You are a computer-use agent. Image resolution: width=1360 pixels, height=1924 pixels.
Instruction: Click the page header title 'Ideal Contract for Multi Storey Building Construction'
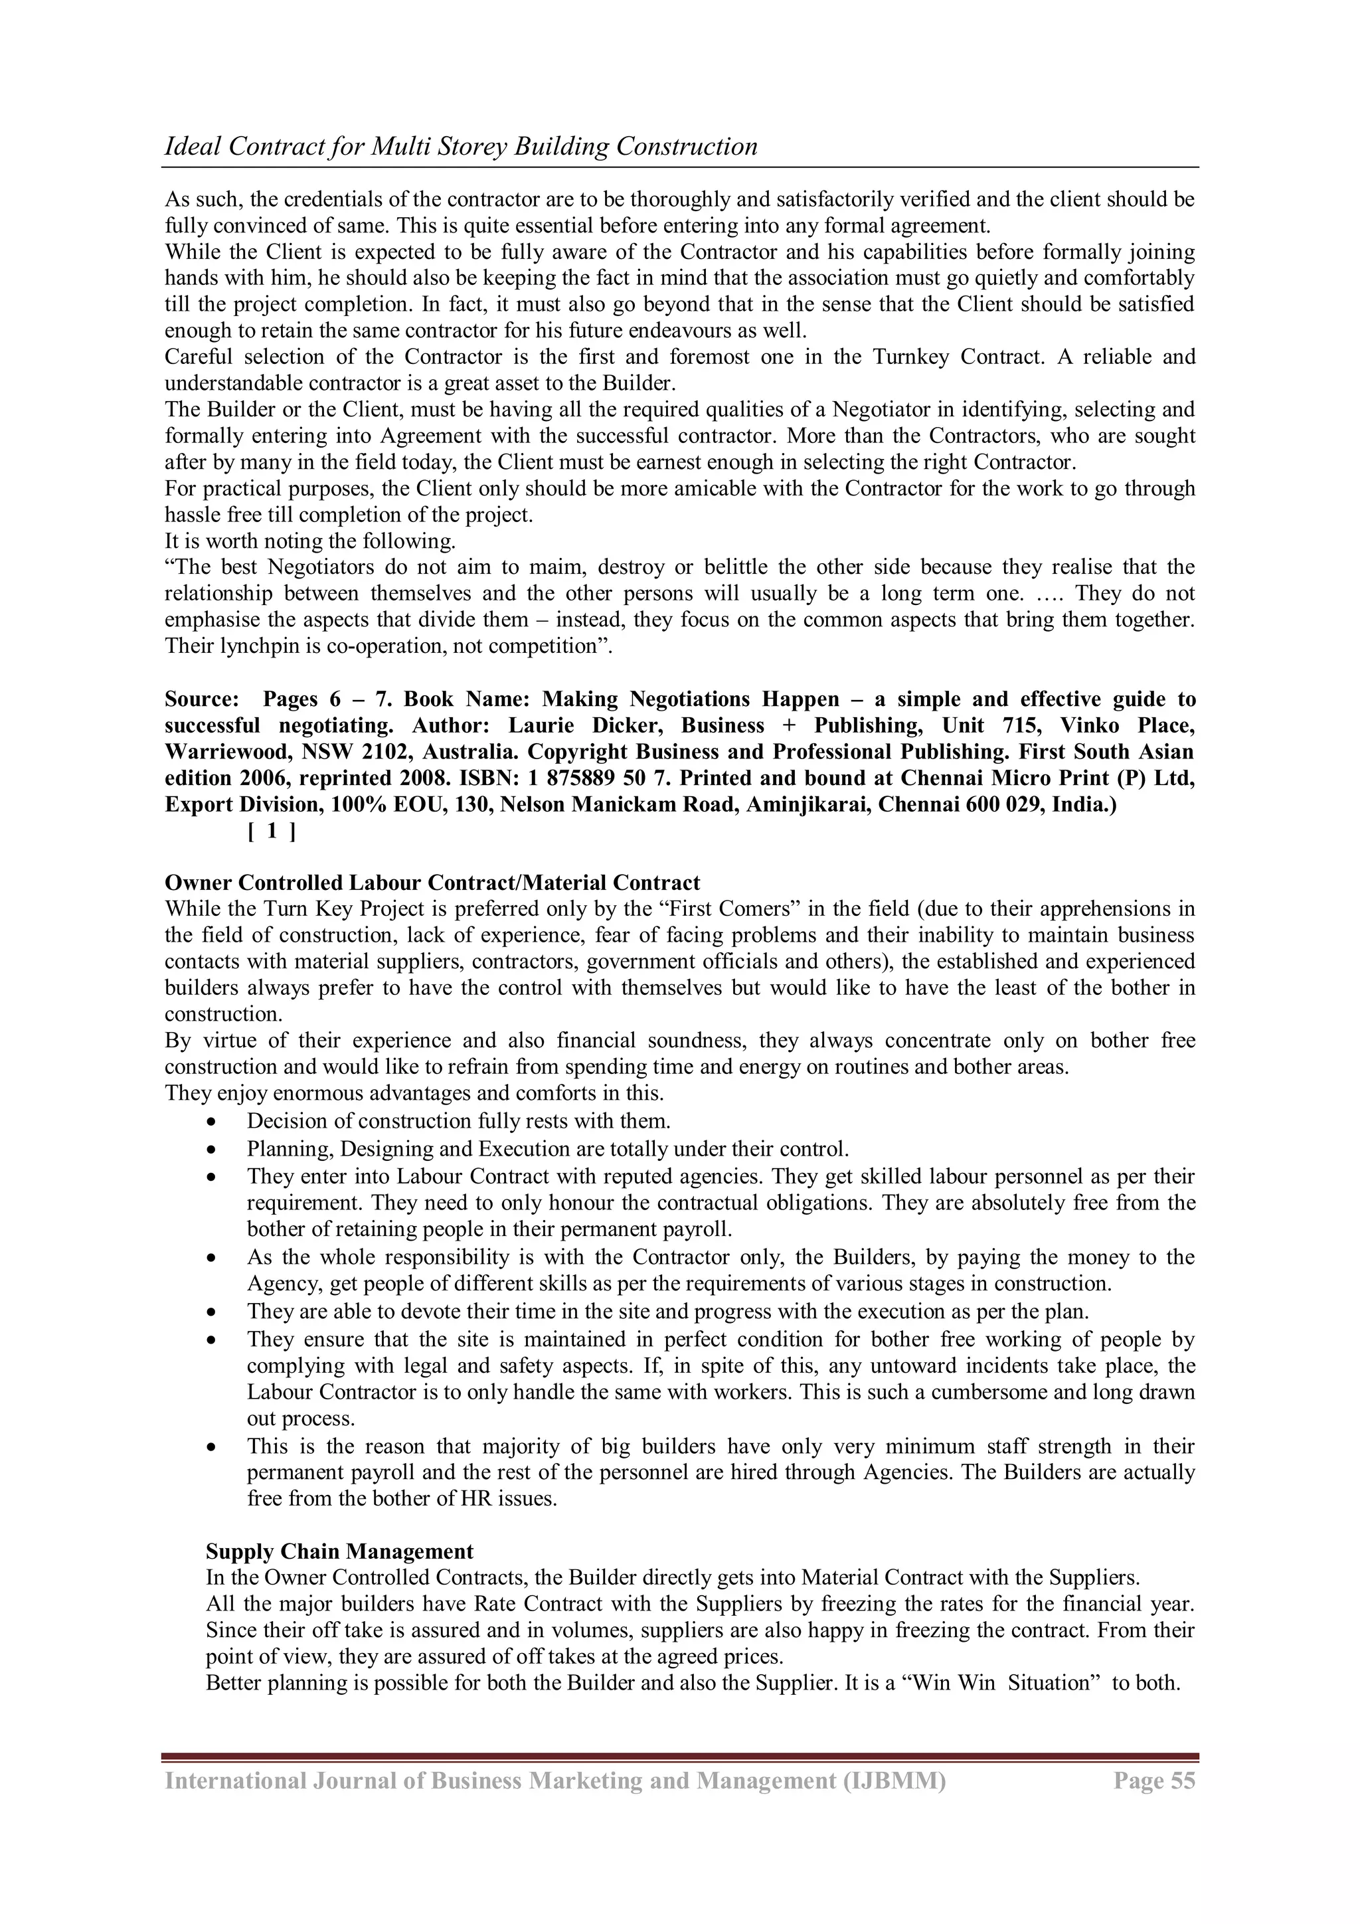(461, 147)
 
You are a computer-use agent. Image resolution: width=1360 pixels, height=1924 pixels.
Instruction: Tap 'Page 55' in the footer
(1154, 1780)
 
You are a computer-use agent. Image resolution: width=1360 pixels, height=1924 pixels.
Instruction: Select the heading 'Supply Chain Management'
(339, 1551)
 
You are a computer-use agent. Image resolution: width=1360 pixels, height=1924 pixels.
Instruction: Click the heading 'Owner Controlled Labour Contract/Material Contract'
(432, 883)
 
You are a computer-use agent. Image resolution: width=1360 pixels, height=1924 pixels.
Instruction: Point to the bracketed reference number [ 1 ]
(271, 831)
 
